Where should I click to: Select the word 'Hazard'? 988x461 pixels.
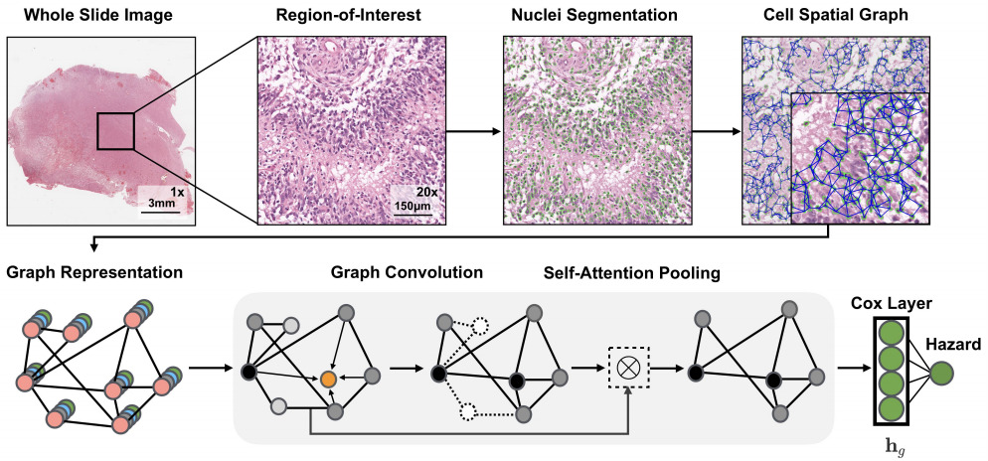pos(953,345)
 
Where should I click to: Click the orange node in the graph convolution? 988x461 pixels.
pos(327,379)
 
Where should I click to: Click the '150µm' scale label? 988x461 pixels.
pos(411,206)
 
